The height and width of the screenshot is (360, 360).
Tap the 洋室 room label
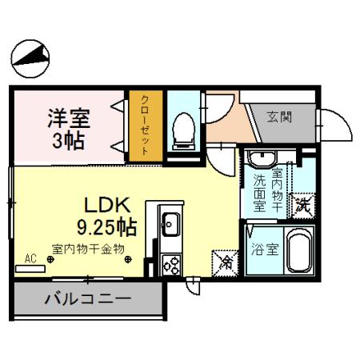coord(67,118)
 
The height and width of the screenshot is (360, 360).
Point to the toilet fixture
coord(185,128)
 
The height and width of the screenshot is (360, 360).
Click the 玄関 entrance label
coord(279,118)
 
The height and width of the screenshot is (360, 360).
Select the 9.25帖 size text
coord(106,226)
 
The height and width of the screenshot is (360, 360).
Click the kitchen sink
coord(170,222)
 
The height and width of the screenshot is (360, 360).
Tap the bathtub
coord(300,251)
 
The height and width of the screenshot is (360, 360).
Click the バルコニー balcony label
coord(87,302)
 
